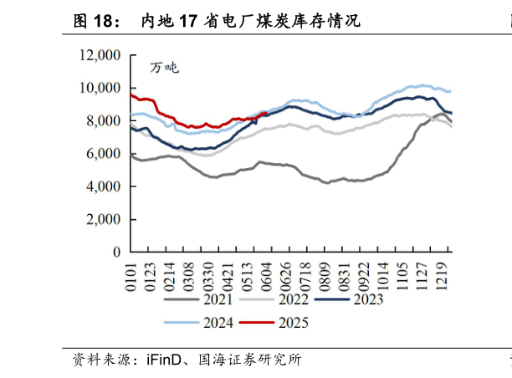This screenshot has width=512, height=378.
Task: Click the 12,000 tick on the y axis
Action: click(100, 56)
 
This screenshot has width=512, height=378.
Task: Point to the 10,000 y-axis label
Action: click(100, 89)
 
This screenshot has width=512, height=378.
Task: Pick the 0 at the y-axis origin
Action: click(116, 252)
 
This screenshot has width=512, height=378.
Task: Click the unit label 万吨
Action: click(164, 68)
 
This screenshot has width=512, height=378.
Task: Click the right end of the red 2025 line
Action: click(266, 113)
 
